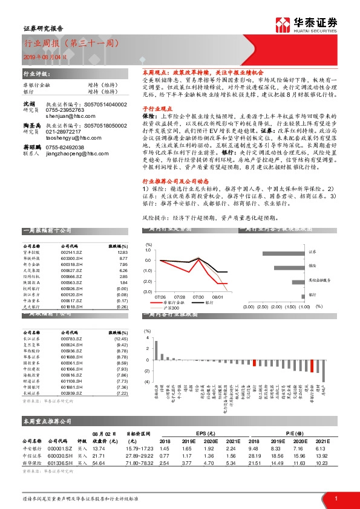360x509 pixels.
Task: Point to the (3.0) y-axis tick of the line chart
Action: coord(147,292)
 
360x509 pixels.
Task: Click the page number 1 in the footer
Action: coord(335,497)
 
